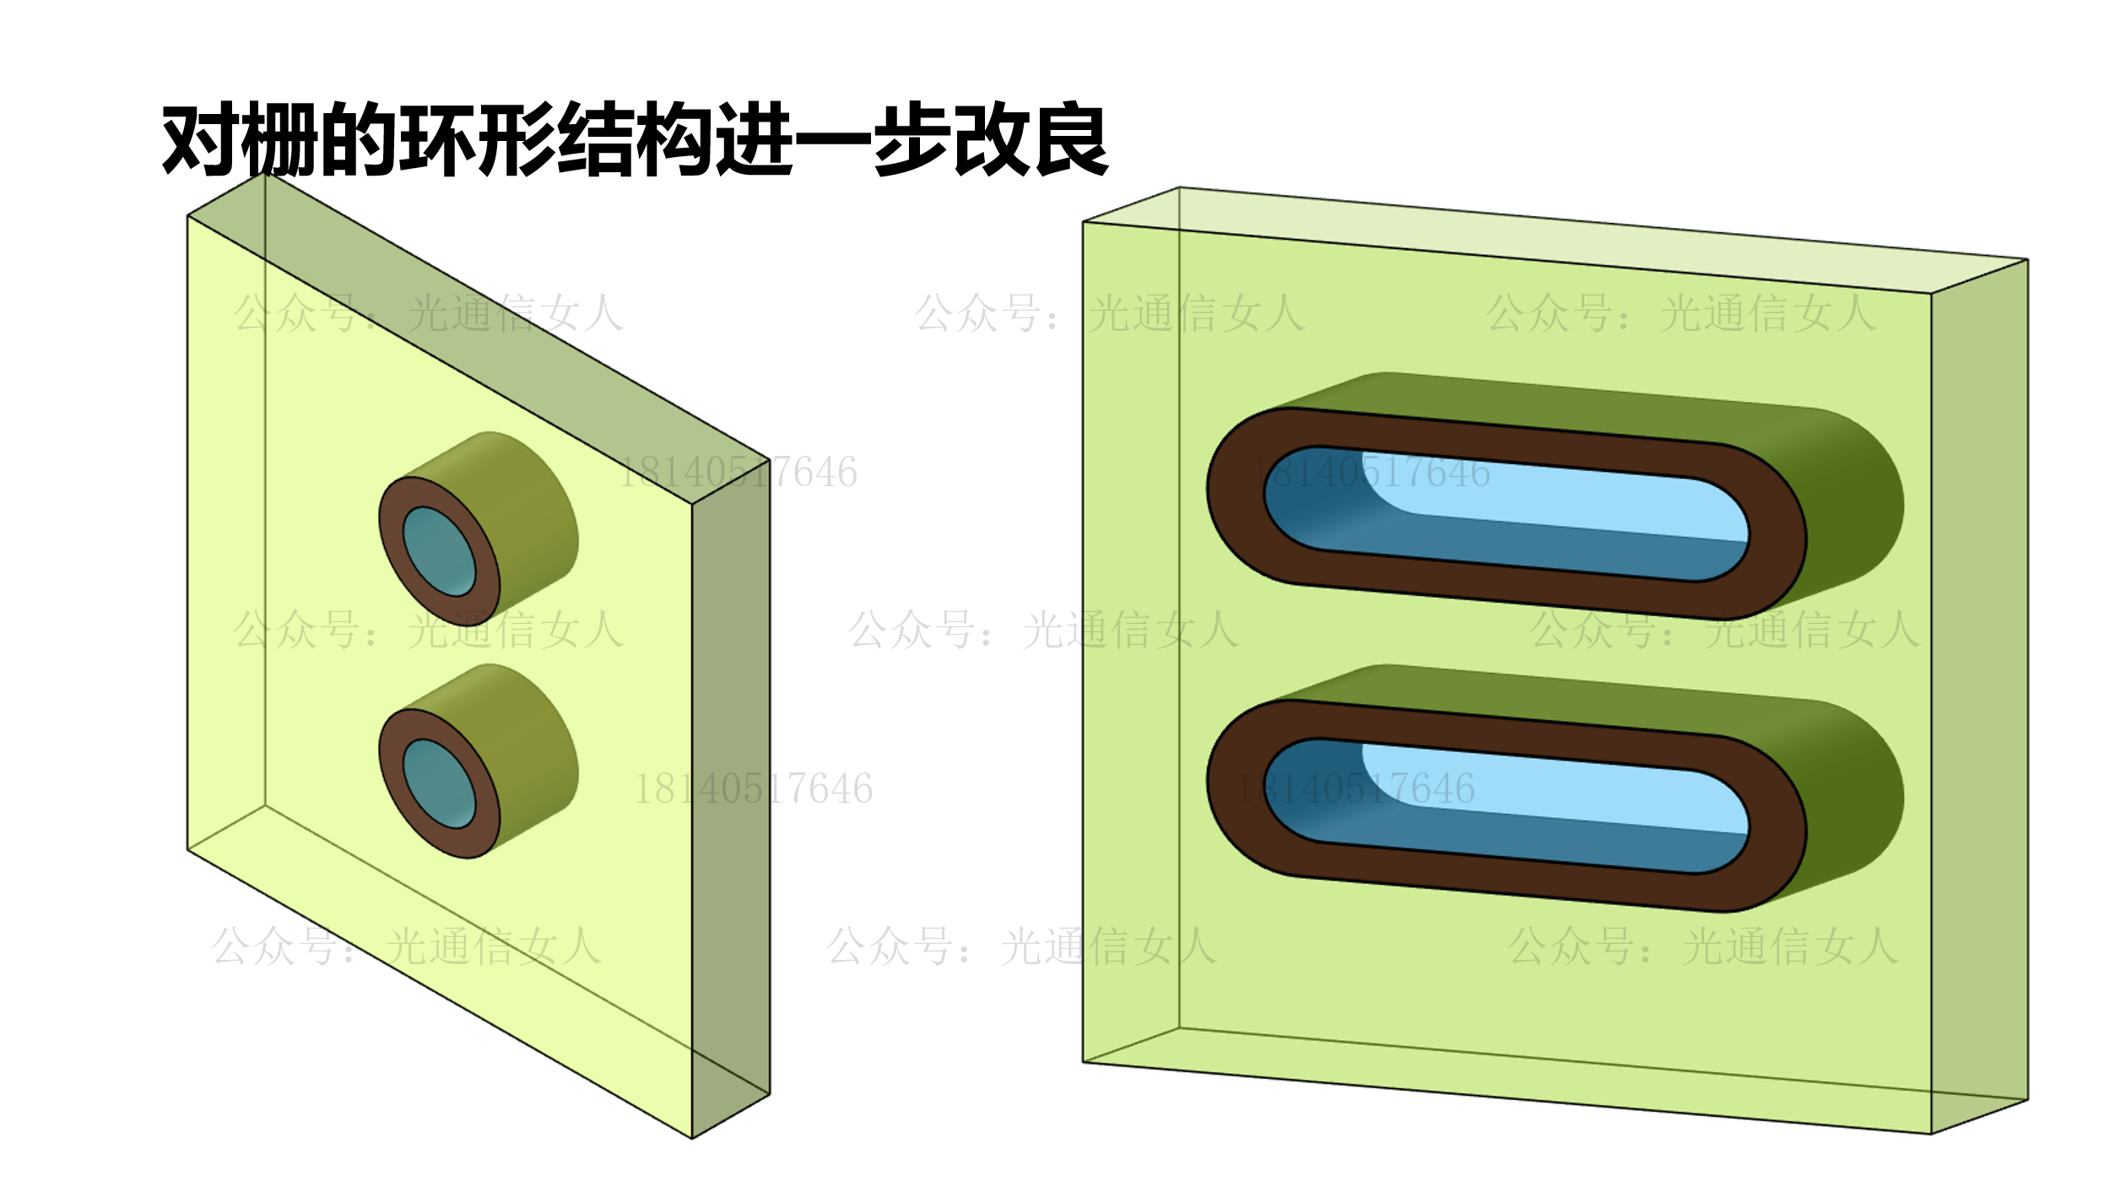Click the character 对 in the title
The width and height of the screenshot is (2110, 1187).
(x=201, y=140)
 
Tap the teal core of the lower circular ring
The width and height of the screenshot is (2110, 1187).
(x=438, y=783)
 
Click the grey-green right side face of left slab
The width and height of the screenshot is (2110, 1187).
(x=731, y=802)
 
